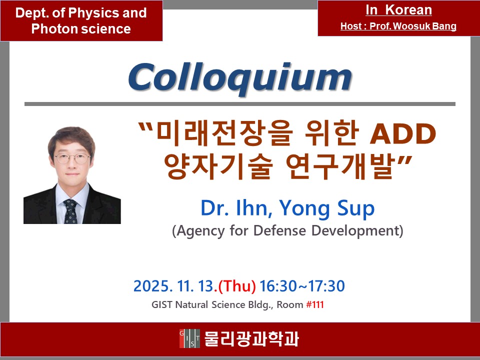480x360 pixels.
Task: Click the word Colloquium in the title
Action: click(240, 78)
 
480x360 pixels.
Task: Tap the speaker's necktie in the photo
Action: click(70, 210)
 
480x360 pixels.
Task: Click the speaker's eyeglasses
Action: click(72, 159)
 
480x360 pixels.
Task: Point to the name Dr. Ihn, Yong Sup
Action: click(287, 208)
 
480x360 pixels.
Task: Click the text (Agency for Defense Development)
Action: click(287, 231)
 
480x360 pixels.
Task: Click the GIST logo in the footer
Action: click(189, 339)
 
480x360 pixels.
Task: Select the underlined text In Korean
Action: click(398, 10)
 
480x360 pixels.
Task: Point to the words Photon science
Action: click(81, 29)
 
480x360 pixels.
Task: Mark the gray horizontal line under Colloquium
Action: click(240, 104)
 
